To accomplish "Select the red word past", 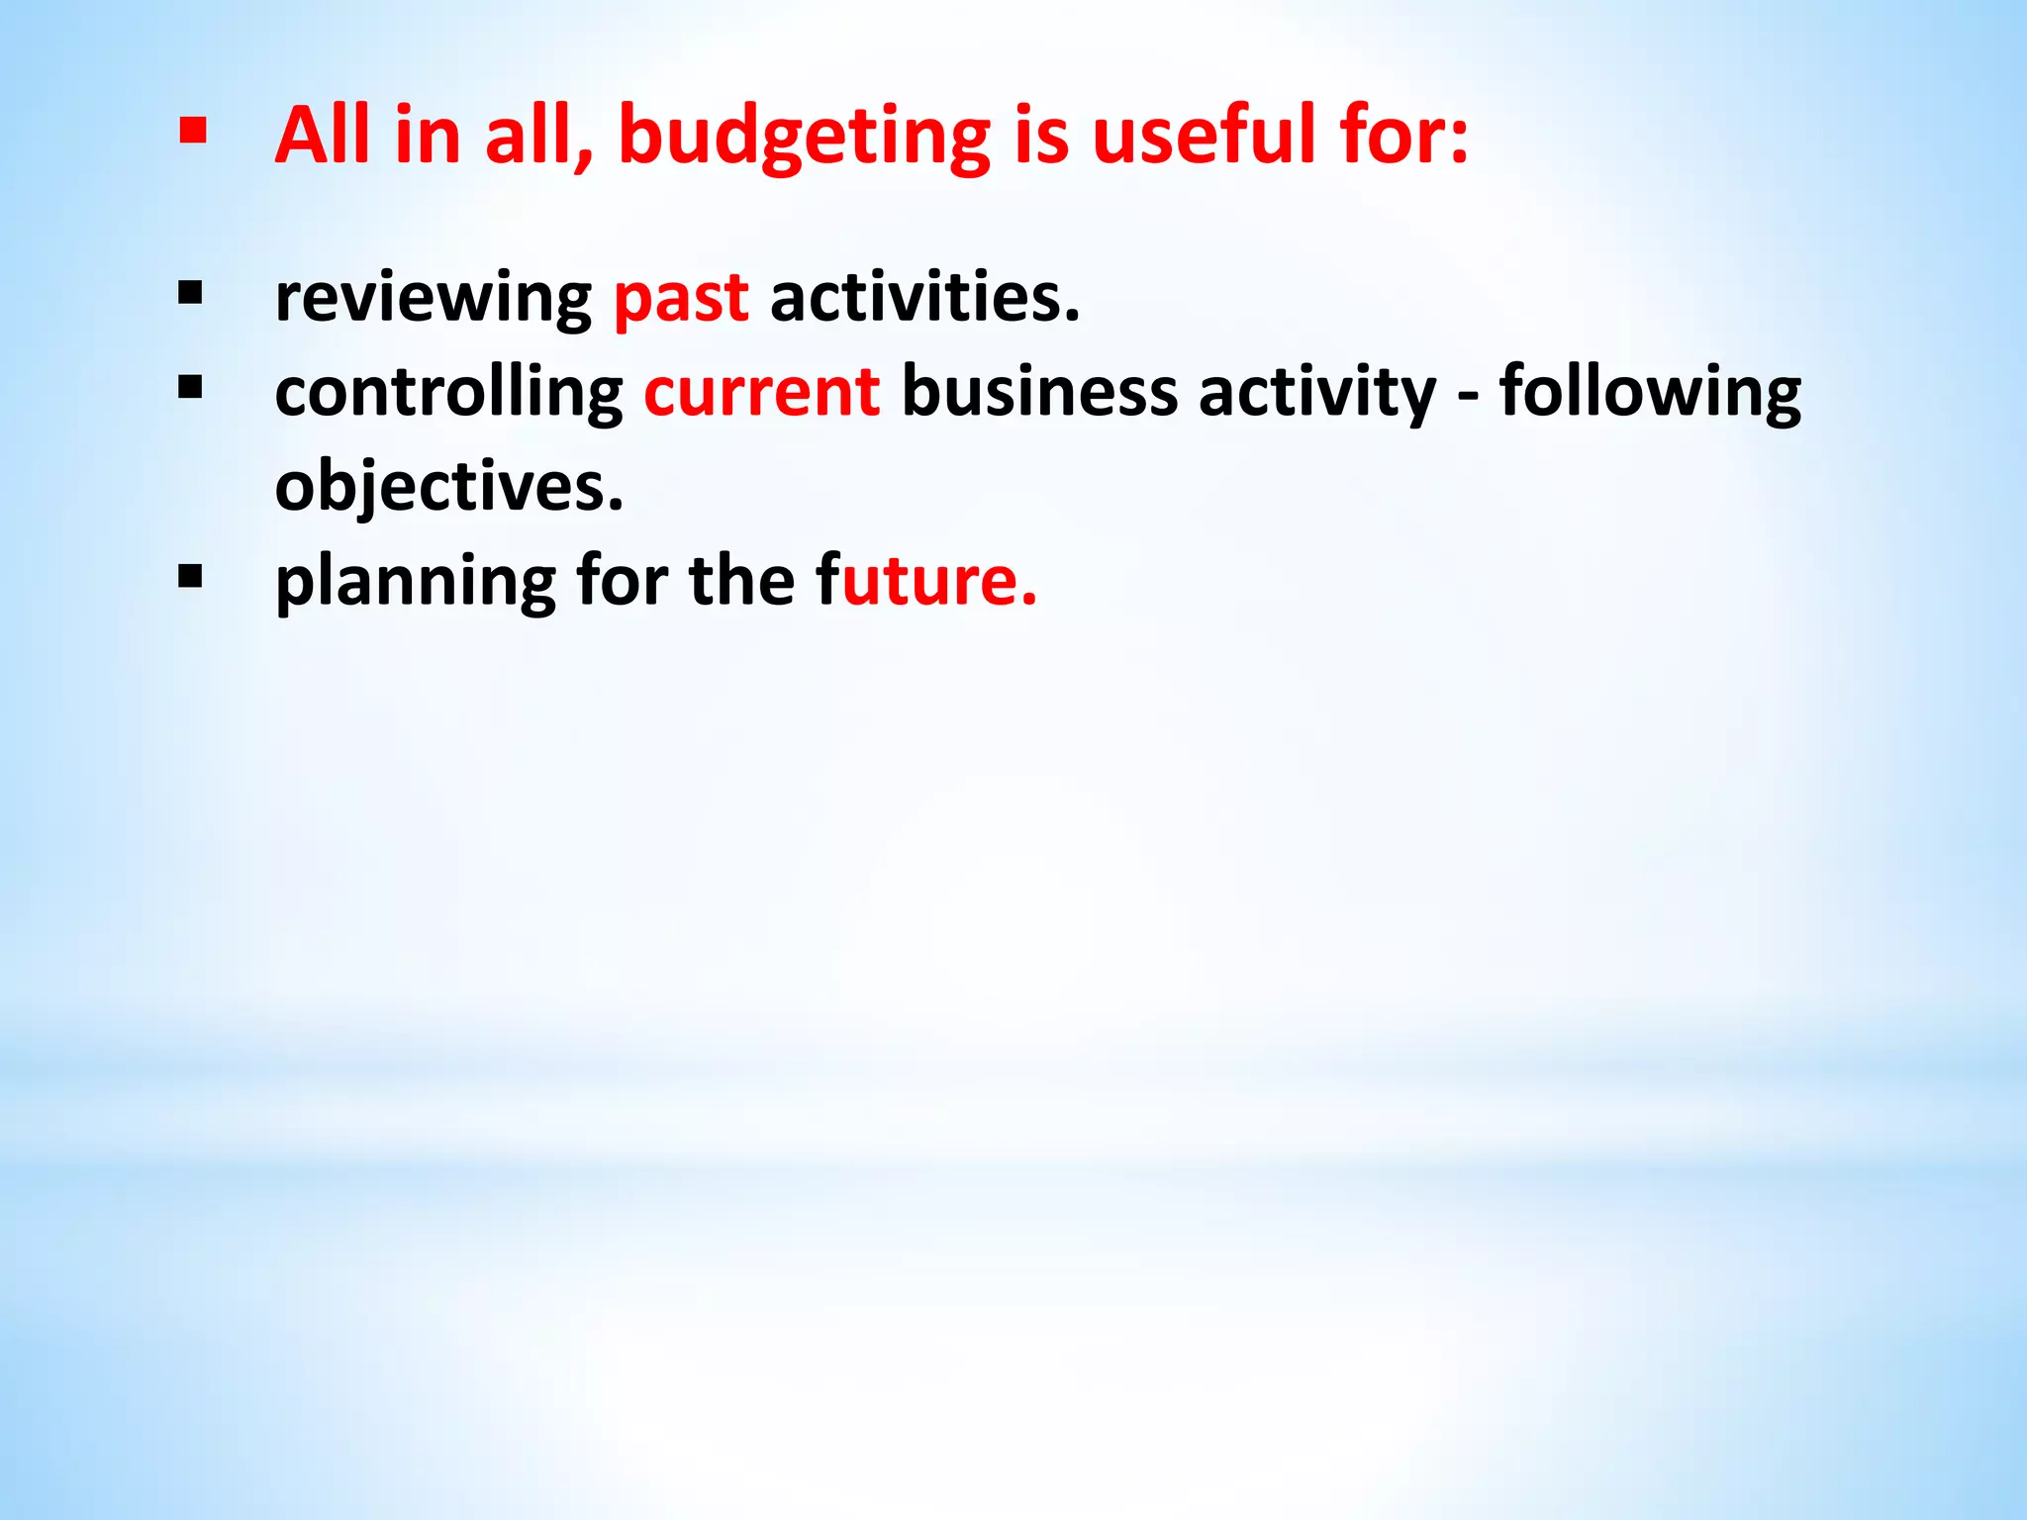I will coord(681,298).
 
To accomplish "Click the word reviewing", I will coord(433,298).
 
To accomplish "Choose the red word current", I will coord(761,391).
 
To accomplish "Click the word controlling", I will coord(448,393).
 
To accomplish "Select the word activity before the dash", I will coord(1316,393).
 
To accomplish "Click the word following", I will coord(1650,393).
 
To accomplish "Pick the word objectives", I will coord(448,487).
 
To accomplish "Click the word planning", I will coord(416,581).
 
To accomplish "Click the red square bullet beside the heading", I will coord(192,131).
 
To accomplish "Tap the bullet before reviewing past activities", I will coord(190,293).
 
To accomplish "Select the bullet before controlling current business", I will coord(190,387).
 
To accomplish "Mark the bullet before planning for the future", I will coord(190,576).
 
